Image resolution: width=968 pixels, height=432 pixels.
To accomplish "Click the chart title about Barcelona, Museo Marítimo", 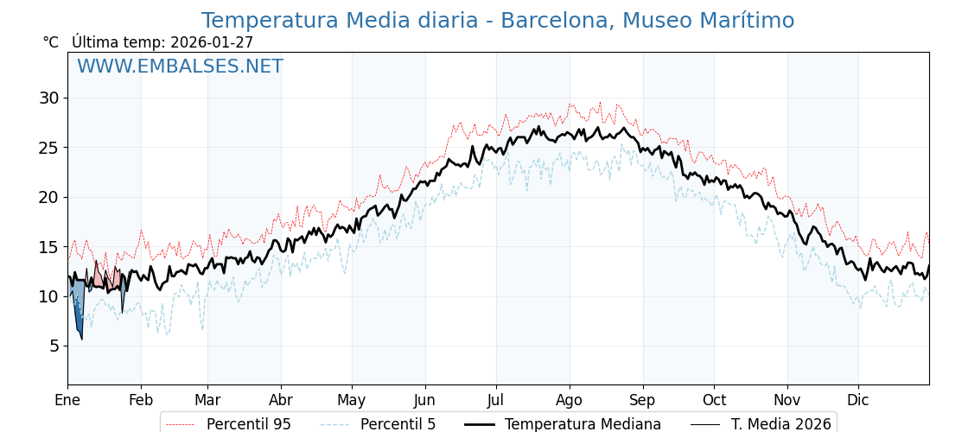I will pyautogui.click(x=497, y=21).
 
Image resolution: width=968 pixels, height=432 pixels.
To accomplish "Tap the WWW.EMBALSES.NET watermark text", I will pyautogui.click(x=180, y=67).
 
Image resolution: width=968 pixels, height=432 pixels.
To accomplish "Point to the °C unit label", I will pyautogui.click(x=50, y=42).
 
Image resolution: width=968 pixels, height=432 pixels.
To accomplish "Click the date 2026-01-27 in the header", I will pyautogui.click(x=212, y=42).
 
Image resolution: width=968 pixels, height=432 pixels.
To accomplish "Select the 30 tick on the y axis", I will pyautogui.click(x=48, y=98).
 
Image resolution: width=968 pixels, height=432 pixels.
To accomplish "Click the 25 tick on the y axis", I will pyautogui.click(x=48, y=148).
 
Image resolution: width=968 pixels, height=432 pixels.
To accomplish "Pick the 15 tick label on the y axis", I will pyautogui.click(x=48, y=247).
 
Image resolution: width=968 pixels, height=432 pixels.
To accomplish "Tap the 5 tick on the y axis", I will pyautogui.click(x=54, y=346).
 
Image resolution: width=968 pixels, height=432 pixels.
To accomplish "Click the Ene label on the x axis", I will pyautogui.click(x=67, y=401).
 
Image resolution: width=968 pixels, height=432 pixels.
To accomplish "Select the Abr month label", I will pyautogui.click(x=281, y=401).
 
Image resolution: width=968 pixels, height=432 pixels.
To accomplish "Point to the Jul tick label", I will pyautogui.click(x=496, y=401).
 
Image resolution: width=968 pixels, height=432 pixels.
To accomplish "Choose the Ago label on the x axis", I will pyautogui.click(x=570, y=401).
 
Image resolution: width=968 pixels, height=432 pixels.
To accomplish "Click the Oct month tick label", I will pyautogui.click(x=714, y=401).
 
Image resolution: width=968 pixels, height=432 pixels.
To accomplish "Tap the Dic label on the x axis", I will pyautogui.click(x=858, y=401).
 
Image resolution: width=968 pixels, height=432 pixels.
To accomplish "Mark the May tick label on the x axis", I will pyautogui.click(x=352, y=401).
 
